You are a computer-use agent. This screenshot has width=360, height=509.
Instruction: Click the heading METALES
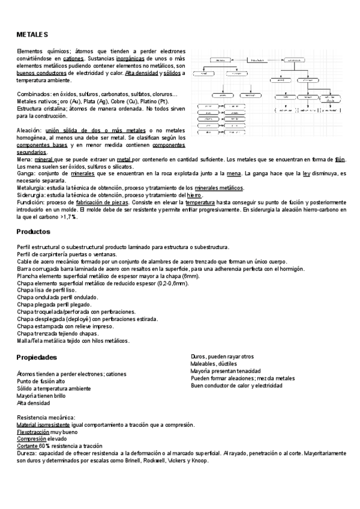coord(32,35)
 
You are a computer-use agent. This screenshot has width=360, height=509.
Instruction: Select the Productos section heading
coord(34,231)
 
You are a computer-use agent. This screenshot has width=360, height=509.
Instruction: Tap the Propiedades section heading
coord(37,357)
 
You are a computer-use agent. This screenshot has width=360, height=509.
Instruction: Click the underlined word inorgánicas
coord(134,58)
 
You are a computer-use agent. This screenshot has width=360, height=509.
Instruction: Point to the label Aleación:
coord(29,130)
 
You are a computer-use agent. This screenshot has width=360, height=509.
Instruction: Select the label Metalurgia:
coord(33,188)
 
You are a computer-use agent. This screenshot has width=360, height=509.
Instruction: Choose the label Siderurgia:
coord(32,195)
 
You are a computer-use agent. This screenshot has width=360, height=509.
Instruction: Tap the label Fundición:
coord(31,202)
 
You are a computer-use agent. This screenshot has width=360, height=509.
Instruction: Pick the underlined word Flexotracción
coord(33,432)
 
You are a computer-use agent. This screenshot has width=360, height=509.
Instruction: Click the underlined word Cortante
coord(27,446)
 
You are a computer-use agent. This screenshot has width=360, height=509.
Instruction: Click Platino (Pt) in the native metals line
coord(155,101)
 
